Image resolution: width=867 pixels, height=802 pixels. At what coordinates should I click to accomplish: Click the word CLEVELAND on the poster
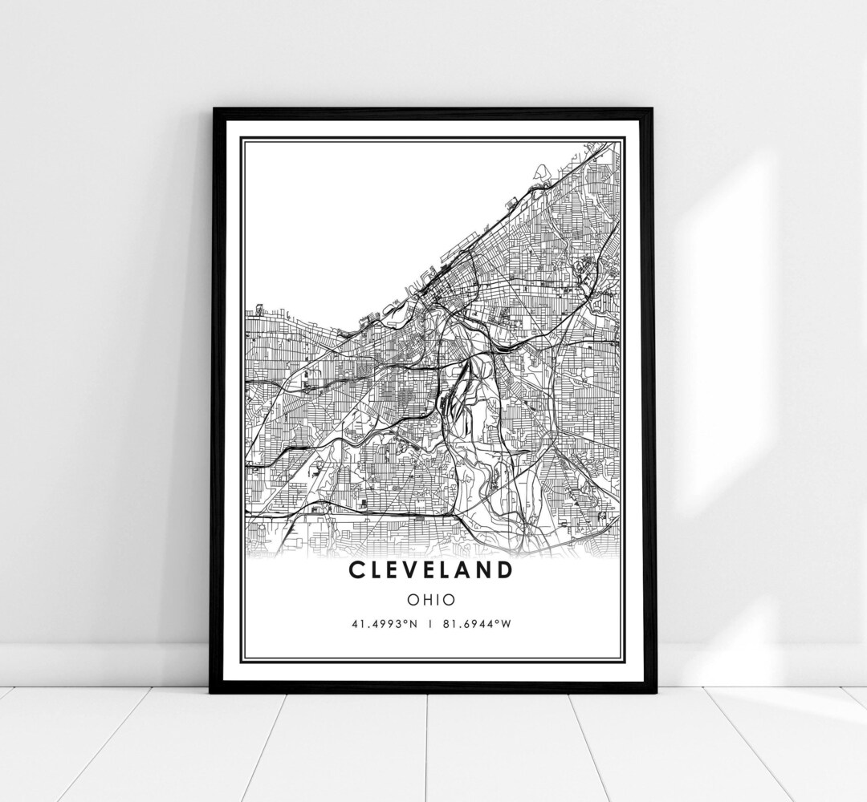pos(430,571)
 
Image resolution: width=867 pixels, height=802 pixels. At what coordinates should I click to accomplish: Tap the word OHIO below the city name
pos(430,599)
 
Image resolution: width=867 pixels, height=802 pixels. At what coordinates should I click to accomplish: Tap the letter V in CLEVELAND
pos(413,571)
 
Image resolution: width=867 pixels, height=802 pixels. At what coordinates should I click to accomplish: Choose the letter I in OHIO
pos(437,599)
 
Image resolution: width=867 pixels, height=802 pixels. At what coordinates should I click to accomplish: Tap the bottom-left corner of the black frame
pos(211,691)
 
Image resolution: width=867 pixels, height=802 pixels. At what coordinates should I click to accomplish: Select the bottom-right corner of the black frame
pos(653,691)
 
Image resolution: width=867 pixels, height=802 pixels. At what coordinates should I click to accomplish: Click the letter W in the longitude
pos(505,624)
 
